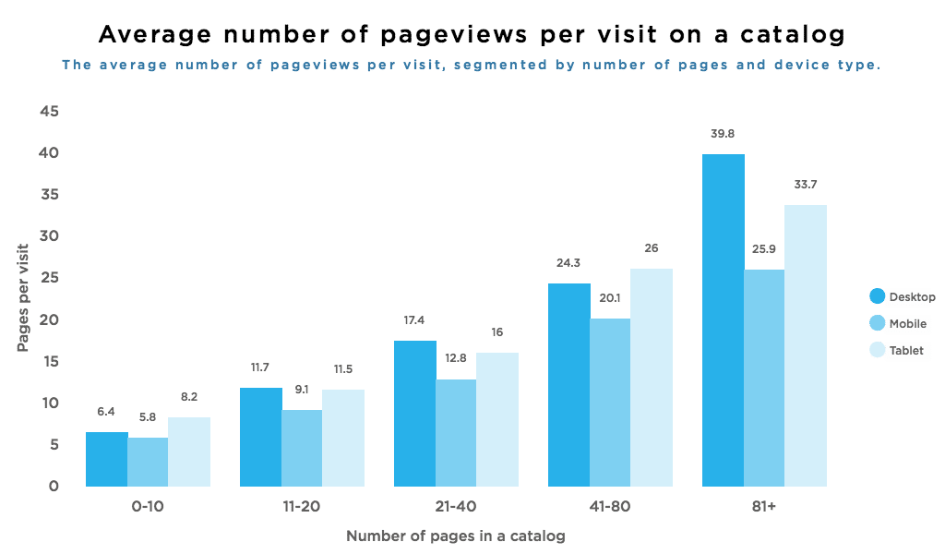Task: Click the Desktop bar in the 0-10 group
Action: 106,459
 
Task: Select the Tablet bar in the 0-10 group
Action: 189,452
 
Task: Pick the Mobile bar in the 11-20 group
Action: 302,448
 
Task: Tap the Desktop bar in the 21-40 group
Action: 414,414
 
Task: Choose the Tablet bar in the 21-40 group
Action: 497,419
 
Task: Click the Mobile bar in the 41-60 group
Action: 610,403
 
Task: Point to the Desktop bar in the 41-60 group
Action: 568,384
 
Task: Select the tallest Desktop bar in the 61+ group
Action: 723,319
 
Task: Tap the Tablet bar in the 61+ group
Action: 806,345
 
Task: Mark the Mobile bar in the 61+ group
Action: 764,378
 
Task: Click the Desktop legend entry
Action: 901,296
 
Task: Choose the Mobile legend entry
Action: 901,324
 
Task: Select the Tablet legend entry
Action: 901,351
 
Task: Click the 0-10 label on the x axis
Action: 148,506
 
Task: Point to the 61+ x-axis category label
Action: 764,506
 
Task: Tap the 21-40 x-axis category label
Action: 456,506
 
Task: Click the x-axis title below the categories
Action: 456,536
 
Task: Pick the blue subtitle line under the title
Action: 471,66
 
